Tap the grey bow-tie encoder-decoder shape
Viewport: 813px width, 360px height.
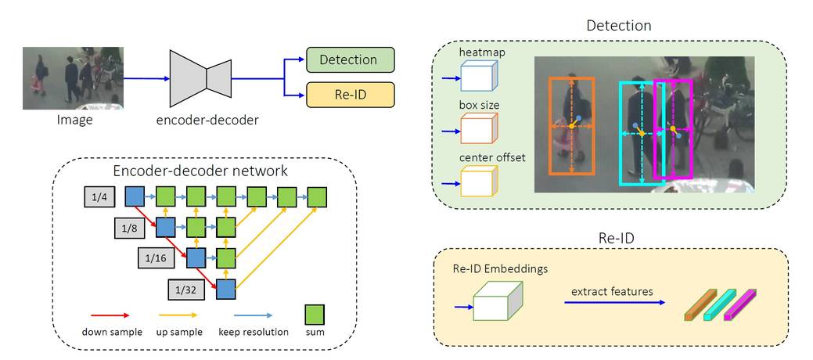206,78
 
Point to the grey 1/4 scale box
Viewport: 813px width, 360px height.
99,197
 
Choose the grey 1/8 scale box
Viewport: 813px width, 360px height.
129,229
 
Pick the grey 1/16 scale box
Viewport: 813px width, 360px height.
159,259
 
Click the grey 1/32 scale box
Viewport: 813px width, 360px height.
189,290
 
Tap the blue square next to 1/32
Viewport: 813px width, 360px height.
226,289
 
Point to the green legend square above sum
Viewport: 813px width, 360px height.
315,313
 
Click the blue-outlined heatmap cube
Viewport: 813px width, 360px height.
477,77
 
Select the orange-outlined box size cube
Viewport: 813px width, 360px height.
477,128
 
